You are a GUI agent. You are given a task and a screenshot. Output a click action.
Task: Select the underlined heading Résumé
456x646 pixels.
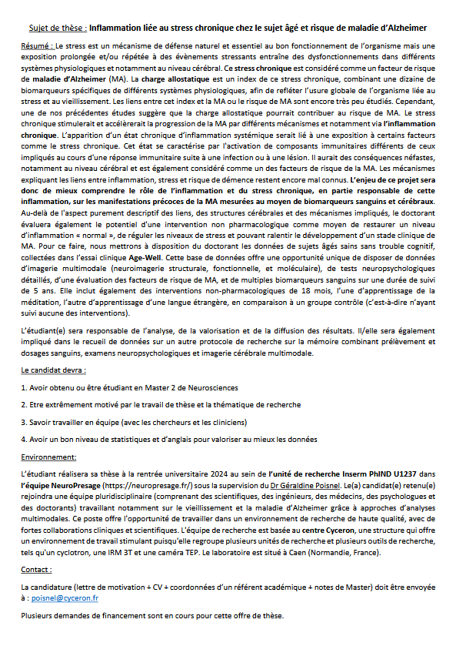click(x=38, y=47)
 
